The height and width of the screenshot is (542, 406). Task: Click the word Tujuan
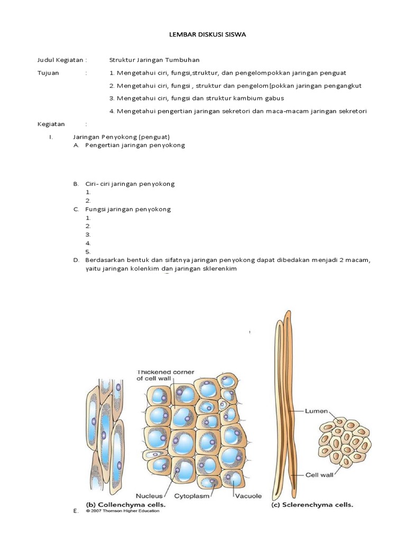coord(48,73)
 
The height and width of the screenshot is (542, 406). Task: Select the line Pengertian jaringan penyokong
coord(135,145)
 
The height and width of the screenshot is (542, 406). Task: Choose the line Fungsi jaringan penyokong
coord(128,209)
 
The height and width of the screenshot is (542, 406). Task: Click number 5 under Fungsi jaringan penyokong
coord(88,252)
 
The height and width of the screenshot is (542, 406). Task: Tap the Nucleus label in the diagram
coord(149,496)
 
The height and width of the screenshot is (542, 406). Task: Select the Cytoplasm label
coord(192,496)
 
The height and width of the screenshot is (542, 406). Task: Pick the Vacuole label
coord(248,496)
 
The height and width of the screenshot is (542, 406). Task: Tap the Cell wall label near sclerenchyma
coord(319,475)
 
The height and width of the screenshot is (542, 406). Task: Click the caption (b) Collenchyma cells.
coord(126,505)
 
